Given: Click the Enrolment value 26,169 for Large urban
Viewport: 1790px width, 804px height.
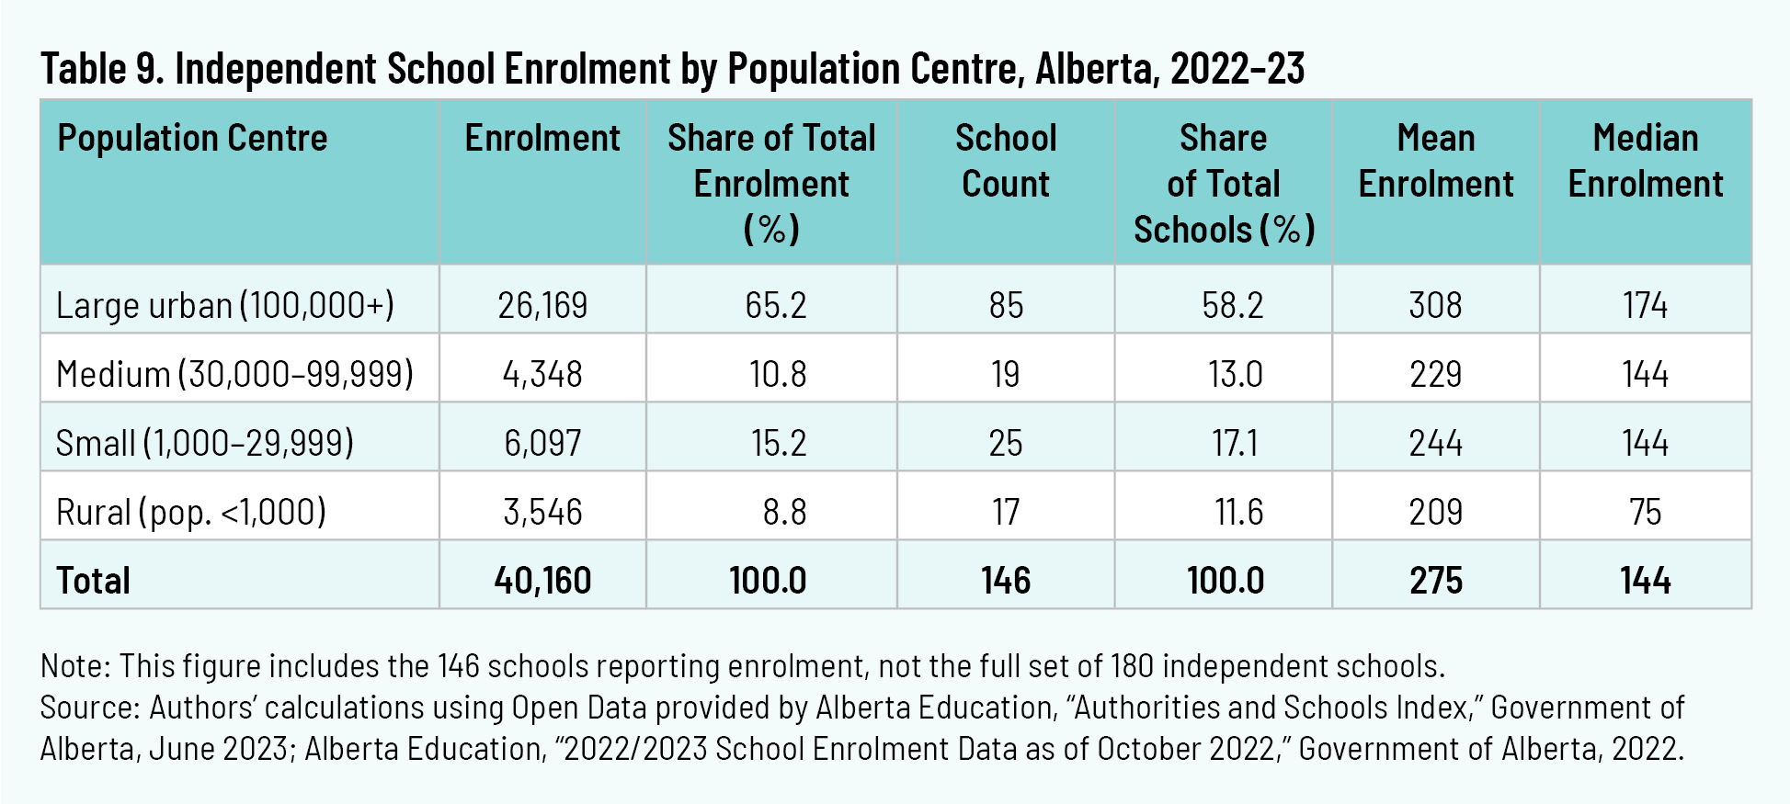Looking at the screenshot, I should coord(542,305).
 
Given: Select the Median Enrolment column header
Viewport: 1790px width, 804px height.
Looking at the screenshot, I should coord(1645,161).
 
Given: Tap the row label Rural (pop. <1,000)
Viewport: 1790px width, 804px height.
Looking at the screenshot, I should coord(191,512).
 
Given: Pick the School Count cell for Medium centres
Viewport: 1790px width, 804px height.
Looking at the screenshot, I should coord(1005,374).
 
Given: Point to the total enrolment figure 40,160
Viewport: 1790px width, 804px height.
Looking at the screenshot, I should coord(542,581).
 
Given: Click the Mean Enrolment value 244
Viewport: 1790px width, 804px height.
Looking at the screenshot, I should coord(1435,443).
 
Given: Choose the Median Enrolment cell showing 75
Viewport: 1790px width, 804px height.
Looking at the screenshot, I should coord(1645,512).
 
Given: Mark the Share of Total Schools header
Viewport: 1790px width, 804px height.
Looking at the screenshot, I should coord(1224,184).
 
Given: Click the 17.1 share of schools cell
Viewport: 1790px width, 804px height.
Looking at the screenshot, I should coord(1234,443).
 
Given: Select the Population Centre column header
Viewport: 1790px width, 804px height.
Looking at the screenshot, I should coord(192,139).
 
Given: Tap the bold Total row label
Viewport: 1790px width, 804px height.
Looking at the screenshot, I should coord(93,581).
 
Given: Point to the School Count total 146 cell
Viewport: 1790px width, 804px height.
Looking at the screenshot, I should coord(1005,581).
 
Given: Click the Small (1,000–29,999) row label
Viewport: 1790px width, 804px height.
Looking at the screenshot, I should coord(204,443).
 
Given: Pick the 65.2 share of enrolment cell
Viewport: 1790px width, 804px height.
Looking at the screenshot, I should coord(775,305).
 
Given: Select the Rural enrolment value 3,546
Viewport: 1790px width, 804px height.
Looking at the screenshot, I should coord(542,512).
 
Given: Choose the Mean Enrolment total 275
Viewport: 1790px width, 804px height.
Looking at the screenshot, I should coord(1435,581).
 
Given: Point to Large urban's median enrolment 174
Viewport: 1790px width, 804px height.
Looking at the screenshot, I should coord(1645,305).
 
